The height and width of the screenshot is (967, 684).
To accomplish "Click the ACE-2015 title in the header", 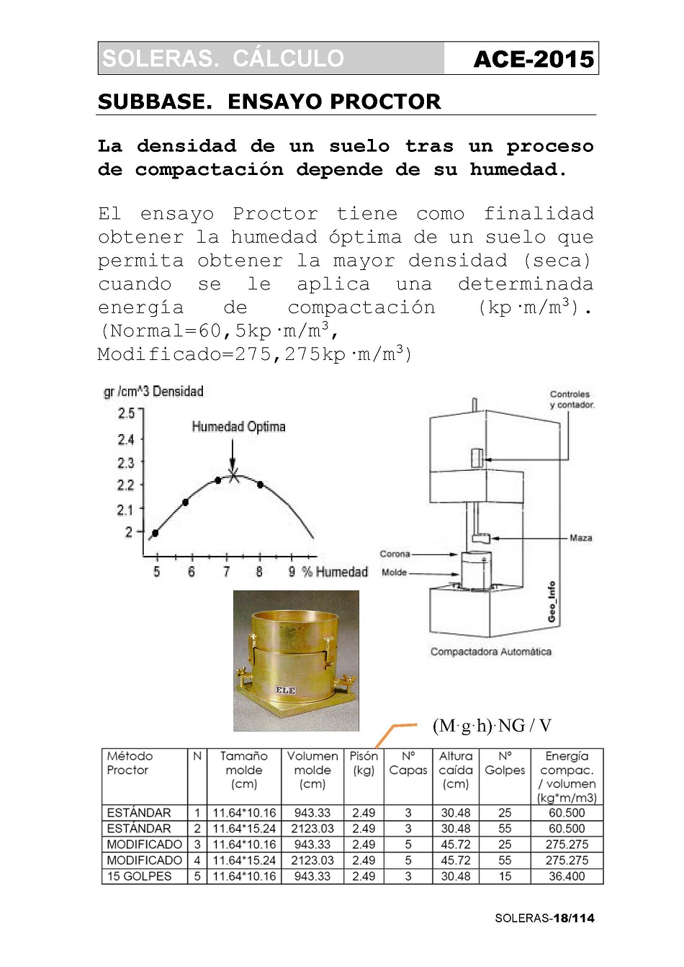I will pyautogui.click(x=534, y=59).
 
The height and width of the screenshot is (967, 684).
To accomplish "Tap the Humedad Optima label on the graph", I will pyautogui.click(x=238, y=426).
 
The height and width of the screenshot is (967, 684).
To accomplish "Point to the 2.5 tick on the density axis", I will pyautogui.click(x=126, y=413).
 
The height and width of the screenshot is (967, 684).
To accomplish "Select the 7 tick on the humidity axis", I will pyautogui.click(x=226, y=572).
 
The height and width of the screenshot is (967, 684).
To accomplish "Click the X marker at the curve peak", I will pyautogui.click(x=233, y=474).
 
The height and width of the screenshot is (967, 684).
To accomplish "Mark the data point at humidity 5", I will pyautogui.click(x=155, y=533).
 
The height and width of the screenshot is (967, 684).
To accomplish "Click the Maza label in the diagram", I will pyautogui.click(x=580, y=538).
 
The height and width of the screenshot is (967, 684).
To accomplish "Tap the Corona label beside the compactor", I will pyautogui.click(x=395, y=554).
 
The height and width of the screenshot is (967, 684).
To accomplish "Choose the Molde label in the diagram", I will pyautogui.click(x=394, y=572).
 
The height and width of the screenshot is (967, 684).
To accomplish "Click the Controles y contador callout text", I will pyautogui.click(x=572, y=400).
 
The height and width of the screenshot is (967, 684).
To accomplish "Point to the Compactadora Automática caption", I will pyautogui.click(x=490, y=652).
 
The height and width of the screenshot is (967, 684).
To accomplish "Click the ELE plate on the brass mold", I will pyautogui.click(x=286, y=690).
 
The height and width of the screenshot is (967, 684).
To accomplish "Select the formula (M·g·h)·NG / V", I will pyautogui.click(x=492, y=725).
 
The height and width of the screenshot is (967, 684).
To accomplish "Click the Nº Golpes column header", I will pyautogui.click(x=505, y=763).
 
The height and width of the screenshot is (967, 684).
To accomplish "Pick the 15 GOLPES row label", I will pyautogui.click(x=139, y=876).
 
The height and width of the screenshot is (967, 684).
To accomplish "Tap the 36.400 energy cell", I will pyautogui.click(x=567, y=876).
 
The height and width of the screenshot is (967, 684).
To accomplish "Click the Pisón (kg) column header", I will pyautogui.click(x=364, y=763).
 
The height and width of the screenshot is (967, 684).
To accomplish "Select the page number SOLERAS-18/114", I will pyautogui.click(x=544, y=918).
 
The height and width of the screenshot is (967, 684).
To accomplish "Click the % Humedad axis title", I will pyautogui.click(x=335, y=572).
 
